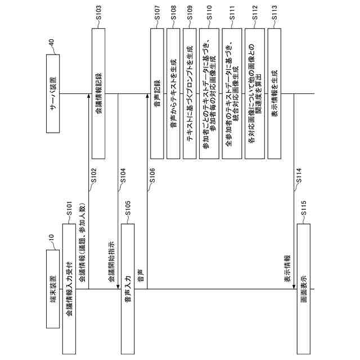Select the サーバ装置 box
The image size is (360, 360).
tap(52, 93)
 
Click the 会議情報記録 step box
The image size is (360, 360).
tap(99, 93)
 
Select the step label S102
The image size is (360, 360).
tap(94, 176)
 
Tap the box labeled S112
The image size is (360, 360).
tap(255, 93)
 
